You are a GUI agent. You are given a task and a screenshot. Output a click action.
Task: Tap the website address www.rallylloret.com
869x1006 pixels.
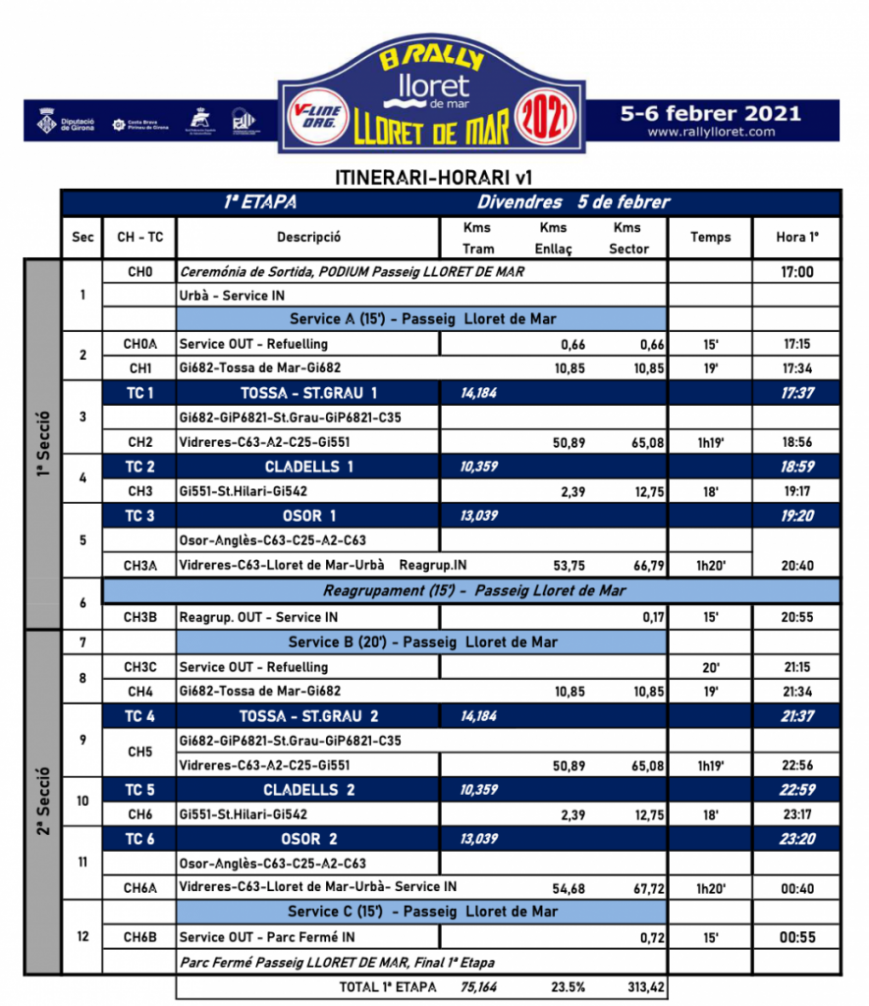[x=711, y=132]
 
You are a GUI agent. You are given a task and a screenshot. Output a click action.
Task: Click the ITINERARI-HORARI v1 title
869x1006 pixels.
[x=434, y=177]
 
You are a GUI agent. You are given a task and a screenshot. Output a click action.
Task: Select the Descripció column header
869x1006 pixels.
[x=308, y=237]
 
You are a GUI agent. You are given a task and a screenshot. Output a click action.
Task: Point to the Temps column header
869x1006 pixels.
[x=710, y=237]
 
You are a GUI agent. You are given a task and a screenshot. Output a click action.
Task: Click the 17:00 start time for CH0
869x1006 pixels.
[x=796, y=271]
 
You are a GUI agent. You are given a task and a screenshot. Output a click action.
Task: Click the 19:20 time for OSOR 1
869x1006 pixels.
[x=796, y=516]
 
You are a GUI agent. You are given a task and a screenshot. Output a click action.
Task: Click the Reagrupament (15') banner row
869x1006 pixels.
[x=474, y=590]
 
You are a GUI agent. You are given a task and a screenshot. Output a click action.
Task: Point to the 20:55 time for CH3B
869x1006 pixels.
[x=796, y=617]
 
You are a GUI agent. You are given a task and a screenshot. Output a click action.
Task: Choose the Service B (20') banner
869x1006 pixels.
[x=422, y=642]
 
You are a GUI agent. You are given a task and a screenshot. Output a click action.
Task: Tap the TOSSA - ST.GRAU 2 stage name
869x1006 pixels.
[x=307, y=716]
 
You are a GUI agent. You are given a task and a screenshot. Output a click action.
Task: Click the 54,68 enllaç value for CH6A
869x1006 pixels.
[x=569, y=888]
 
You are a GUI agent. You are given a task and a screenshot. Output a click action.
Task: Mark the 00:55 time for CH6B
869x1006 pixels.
[x=796, y=937]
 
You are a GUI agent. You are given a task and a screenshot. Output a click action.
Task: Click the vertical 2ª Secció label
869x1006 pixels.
[x=42, y=801]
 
